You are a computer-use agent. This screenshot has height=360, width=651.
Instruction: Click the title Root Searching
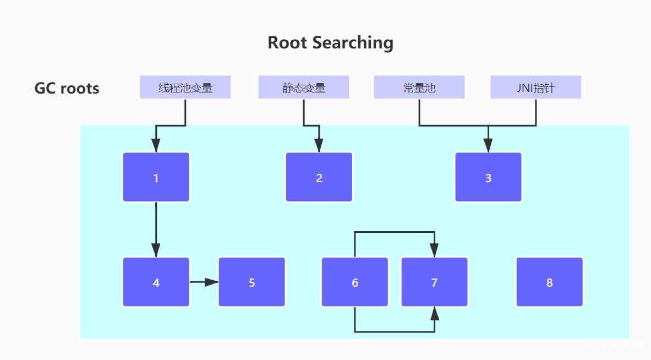(x=330, y=42)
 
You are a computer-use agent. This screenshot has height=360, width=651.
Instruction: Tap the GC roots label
(x=67, y=88)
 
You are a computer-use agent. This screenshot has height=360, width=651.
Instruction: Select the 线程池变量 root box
(x=185, y=88)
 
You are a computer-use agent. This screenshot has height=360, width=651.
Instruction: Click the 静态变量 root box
(x=303, y=88)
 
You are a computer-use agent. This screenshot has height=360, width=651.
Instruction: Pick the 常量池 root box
(x=419, y=88)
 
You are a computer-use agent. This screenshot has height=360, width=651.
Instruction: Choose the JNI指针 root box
(x=535, y=88)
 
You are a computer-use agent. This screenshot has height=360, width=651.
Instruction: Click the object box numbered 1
(x=156, y=177)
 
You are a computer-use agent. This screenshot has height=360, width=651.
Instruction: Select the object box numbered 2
(x=319, y=177)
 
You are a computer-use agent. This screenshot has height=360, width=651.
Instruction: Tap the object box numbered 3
(x=488, y=177)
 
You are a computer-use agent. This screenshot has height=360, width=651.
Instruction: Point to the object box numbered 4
(x=156, y=282)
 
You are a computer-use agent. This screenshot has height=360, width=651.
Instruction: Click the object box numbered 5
(x=252, y=282)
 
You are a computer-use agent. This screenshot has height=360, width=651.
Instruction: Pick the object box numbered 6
(x=354, y=282)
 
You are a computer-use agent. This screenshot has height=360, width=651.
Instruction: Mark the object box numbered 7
(x=434, y=282)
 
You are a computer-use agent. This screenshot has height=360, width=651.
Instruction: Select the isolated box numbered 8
(x=549, y=282)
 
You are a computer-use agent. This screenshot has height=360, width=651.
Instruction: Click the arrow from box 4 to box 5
(x=204, y=282)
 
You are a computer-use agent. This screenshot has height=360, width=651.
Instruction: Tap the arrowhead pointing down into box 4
(x=156, y=250)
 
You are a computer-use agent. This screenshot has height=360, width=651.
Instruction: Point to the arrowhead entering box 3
(x=488, y=146)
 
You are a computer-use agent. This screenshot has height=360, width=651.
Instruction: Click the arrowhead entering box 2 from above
(x=319, y=146)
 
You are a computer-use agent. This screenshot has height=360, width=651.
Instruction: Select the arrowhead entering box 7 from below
(x=435, y=314)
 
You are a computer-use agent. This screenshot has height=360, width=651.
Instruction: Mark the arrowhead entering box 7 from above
(x=435, y=250)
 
